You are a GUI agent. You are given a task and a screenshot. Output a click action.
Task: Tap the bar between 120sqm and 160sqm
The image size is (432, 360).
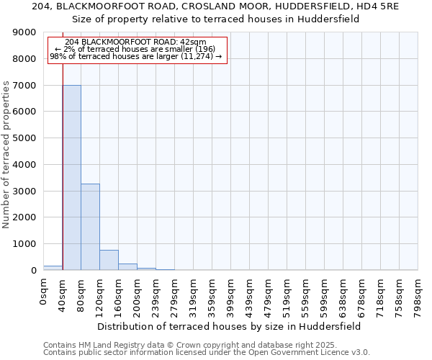(109, 260)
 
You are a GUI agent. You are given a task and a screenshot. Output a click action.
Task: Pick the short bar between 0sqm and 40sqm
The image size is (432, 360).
(53, 268)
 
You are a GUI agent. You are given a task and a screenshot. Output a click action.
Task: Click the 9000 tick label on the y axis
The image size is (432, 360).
(25, 32)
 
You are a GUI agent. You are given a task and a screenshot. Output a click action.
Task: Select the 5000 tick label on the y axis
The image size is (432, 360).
(25, 138)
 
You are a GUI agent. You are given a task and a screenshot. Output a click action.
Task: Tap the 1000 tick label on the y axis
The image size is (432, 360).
(25, 244)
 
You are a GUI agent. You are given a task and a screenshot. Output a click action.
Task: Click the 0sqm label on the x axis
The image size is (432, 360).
(44, 293)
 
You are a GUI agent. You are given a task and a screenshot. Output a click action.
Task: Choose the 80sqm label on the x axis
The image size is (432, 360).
(81, 293)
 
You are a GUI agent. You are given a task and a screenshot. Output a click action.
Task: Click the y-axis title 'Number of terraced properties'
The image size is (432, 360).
(6, 154)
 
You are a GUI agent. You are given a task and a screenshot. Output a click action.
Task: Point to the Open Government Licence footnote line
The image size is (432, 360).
(207, 352)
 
